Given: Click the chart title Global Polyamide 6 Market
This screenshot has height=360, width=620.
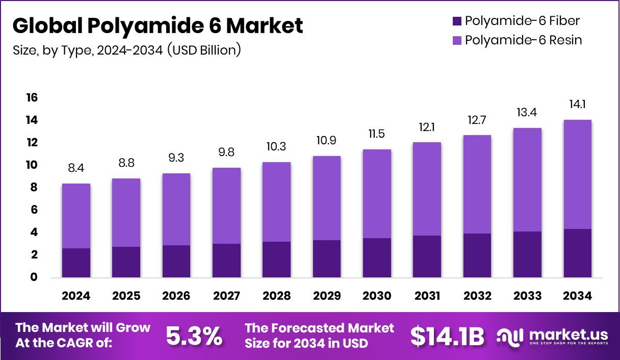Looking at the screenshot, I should coord(158,25).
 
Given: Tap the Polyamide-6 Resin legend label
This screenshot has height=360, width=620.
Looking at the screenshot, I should coord(523,40).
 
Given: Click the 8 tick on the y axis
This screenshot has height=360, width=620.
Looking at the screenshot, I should coord(33,188).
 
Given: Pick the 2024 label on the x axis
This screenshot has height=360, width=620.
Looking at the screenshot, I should coord(76,296).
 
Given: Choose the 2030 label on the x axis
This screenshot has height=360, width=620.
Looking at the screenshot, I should coord(377,296).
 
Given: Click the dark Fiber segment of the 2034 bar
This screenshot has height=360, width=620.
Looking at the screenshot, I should coord(578,253).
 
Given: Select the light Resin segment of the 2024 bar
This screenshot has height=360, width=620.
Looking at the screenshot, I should coord(76,216).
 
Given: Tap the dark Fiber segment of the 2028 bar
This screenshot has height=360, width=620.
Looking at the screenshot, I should coord(276,260).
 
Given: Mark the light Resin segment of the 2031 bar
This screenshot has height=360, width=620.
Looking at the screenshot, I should coord(427,189).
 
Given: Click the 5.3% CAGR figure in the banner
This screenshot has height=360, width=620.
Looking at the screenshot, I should coord(194,336).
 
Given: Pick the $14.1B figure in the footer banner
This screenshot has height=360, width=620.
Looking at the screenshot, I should coord(447,336).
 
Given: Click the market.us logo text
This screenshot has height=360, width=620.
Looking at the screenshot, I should coord(569,335).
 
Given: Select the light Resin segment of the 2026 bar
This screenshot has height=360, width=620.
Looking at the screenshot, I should coord(176,209).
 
